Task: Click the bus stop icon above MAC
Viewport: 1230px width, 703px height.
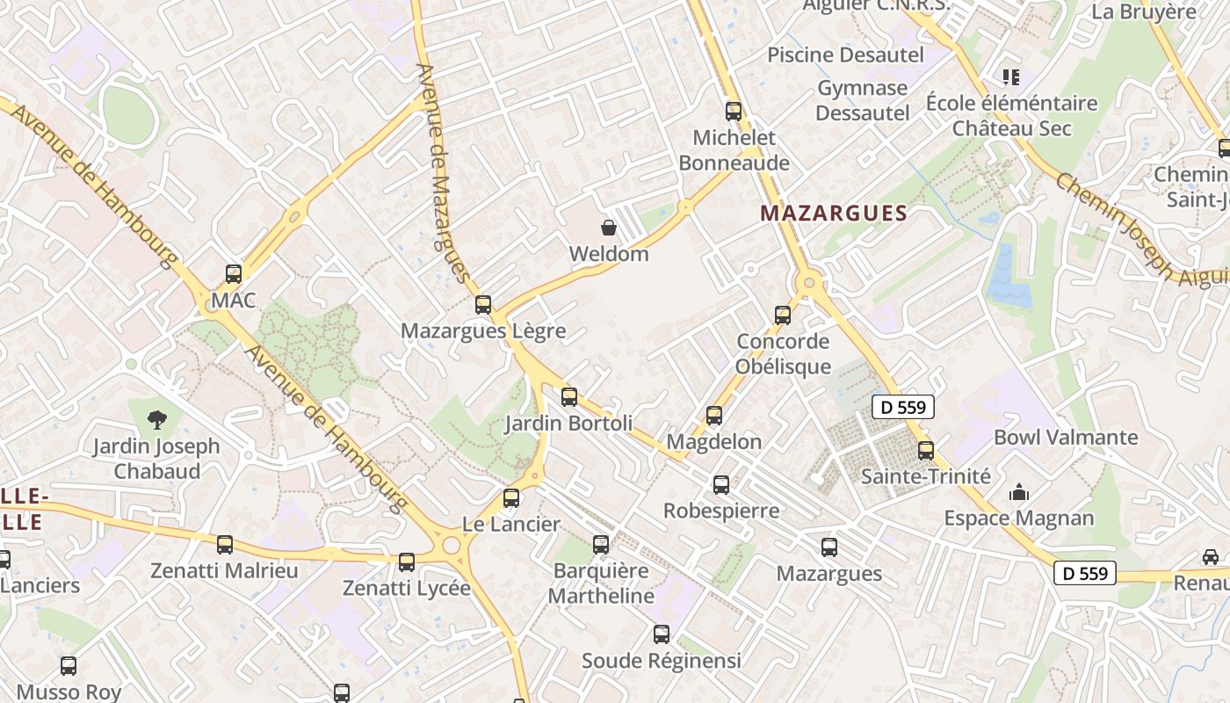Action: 233,273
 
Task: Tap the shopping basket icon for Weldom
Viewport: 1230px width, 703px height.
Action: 609,228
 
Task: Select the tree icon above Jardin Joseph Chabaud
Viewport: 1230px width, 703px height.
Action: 157,419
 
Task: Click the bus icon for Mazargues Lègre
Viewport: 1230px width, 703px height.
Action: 482,305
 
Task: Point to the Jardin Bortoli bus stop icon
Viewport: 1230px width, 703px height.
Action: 569,397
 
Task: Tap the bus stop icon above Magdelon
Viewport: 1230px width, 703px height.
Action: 714,416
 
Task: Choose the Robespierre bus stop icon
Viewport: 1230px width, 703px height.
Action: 721,484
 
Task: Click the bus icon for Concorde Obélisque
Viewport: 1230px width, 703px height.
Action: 783,315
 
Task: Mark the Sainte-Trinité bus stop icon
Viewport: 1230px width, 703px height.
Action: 926,451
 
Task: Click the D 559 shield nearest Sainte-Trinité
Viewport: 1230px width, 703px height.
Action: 903,407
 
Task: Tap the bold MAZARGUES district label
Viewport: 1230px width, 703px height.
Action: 833,213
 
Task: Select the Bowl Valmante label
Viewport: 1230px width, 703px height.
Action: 1065,438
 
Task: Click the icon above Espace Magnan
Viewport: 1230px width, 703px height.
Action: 1019,492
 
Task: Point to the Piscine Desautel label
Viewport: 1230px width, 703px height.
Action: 845,54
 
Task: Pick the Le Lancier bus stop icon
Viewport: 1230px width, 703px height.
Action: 511,498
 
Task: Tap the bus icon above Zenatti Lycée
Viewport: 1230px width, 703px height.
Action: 406,562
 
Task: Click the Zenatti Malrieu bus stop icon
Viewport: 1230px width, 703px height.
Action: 225,545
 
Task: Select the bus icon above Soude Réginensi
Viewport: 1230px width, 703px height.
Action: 662,634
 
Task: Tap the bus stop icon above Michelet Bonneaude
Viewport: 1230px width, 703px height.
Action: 734,112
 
